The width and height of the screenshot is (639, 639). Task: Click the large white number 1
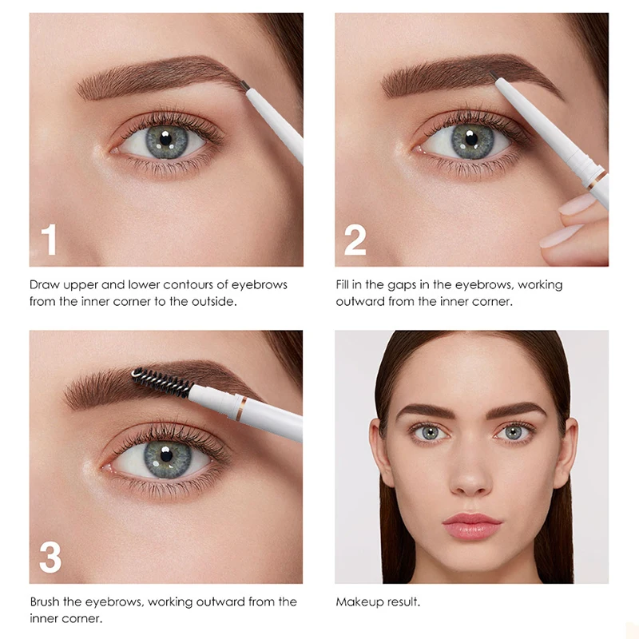49,240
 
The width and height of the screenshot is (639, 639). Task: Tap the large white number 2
355,240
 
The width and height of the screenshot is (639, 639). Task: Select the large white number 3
50,558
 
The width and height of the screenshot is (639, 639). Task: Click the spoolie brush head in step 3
161,383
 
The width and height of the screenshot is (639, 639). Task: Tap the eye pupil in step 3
166,457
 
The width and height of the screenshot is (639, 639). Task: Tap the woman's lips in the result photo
471,526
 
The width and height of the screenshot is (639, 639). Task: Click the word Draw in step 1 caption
45,284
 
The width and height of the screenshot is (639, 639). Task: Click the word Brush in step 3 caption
46,601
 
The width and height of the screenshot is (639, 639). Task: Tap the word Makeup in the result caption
358,602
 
